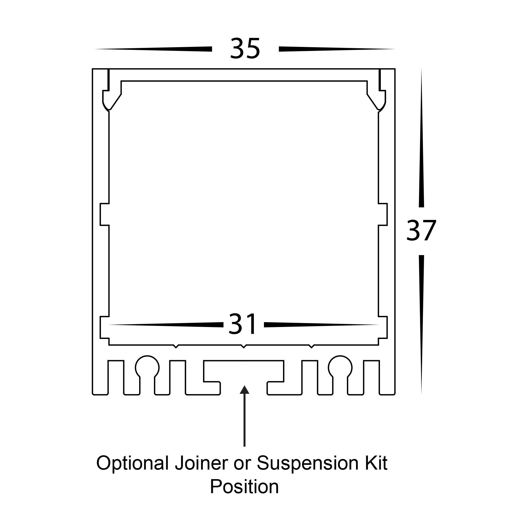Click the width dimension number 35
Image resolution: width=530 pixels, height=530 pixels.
pyautogui.click(x=245, y=48)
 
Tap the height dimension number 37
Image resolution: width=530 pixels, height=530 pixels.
pyautogui.click(x=421, y=231)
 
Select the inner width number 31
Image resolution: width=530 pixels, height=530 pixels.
pyautogui.click(x=243, y=325)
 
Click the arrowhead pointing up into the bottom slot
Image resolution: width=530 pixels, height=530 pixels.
pyautogui.click(x=244, y=390)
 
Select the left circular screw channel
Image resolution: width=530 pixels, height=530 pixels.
pyautogui.click(x=147, y=368)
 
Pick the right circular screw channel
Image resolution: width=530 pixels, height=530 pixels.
pyautogui.click(x=340, y=368)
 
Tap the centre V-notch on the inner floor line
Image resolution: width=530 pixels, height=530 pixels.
pyautogui.click(x=243, y=346)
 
